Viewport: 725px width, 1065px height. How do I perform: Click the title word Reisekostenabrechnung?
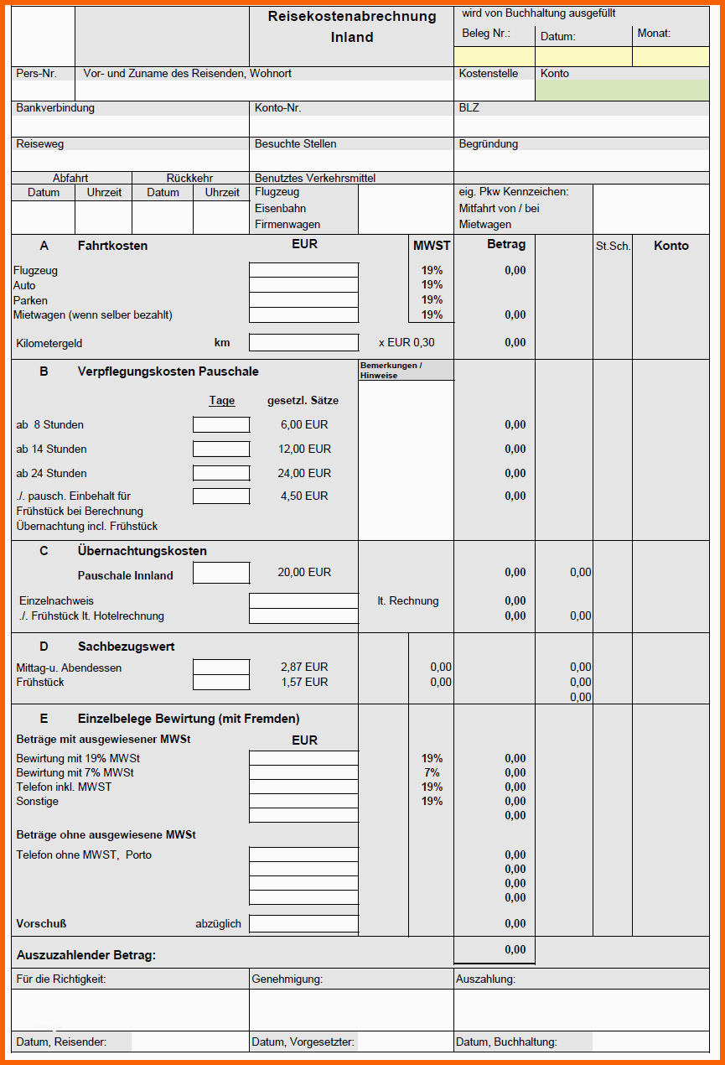coord(352,17)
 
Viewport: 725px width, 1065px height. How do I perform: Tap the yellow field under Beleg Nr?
coord(495,57)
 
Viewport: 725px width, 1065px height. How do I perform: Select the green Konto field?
coord(622,91)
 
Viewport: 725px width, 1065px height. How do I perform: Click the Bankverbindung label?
coord(55,108)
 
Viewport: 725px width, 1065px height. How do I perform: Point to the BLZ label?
coord(469,108)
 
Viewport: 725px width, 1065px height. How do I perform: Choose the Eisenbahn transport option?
coord(281,208)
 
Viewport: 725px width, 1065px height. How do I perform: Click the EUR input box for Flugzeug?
coord(303,270)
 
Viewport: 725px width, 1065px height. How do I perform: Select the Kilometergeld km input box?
coord(303,342)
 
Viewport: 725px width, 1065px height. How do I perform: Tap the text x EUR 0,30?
coord(407,342)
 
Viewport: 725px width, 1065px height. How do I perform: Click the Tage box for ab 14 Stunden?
coord(221,449)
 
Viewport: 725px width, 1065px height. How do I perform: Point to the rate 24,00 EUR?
coord(304,473)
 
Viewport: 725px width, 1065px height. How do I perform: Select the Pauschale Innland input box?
coord(221,573)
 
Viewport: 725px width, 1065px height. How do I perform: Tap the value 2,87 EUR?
coord(304,667)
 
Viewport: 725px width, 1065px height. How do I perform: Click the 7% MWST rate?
coord(432,772)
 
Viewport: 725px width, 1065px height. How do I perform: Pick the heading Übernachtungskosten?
coord(142,551)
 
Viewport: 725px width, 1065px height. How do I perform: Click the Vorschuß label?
coord(41,923)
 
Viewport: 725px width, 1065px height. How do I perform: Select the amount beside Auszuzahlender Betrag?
coord(515,949)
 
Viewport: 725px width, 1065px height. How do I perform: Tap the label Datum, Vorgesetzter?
coord(303,1042)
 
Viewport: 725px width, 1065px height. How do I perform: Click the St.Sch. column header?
coord(613,246)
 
